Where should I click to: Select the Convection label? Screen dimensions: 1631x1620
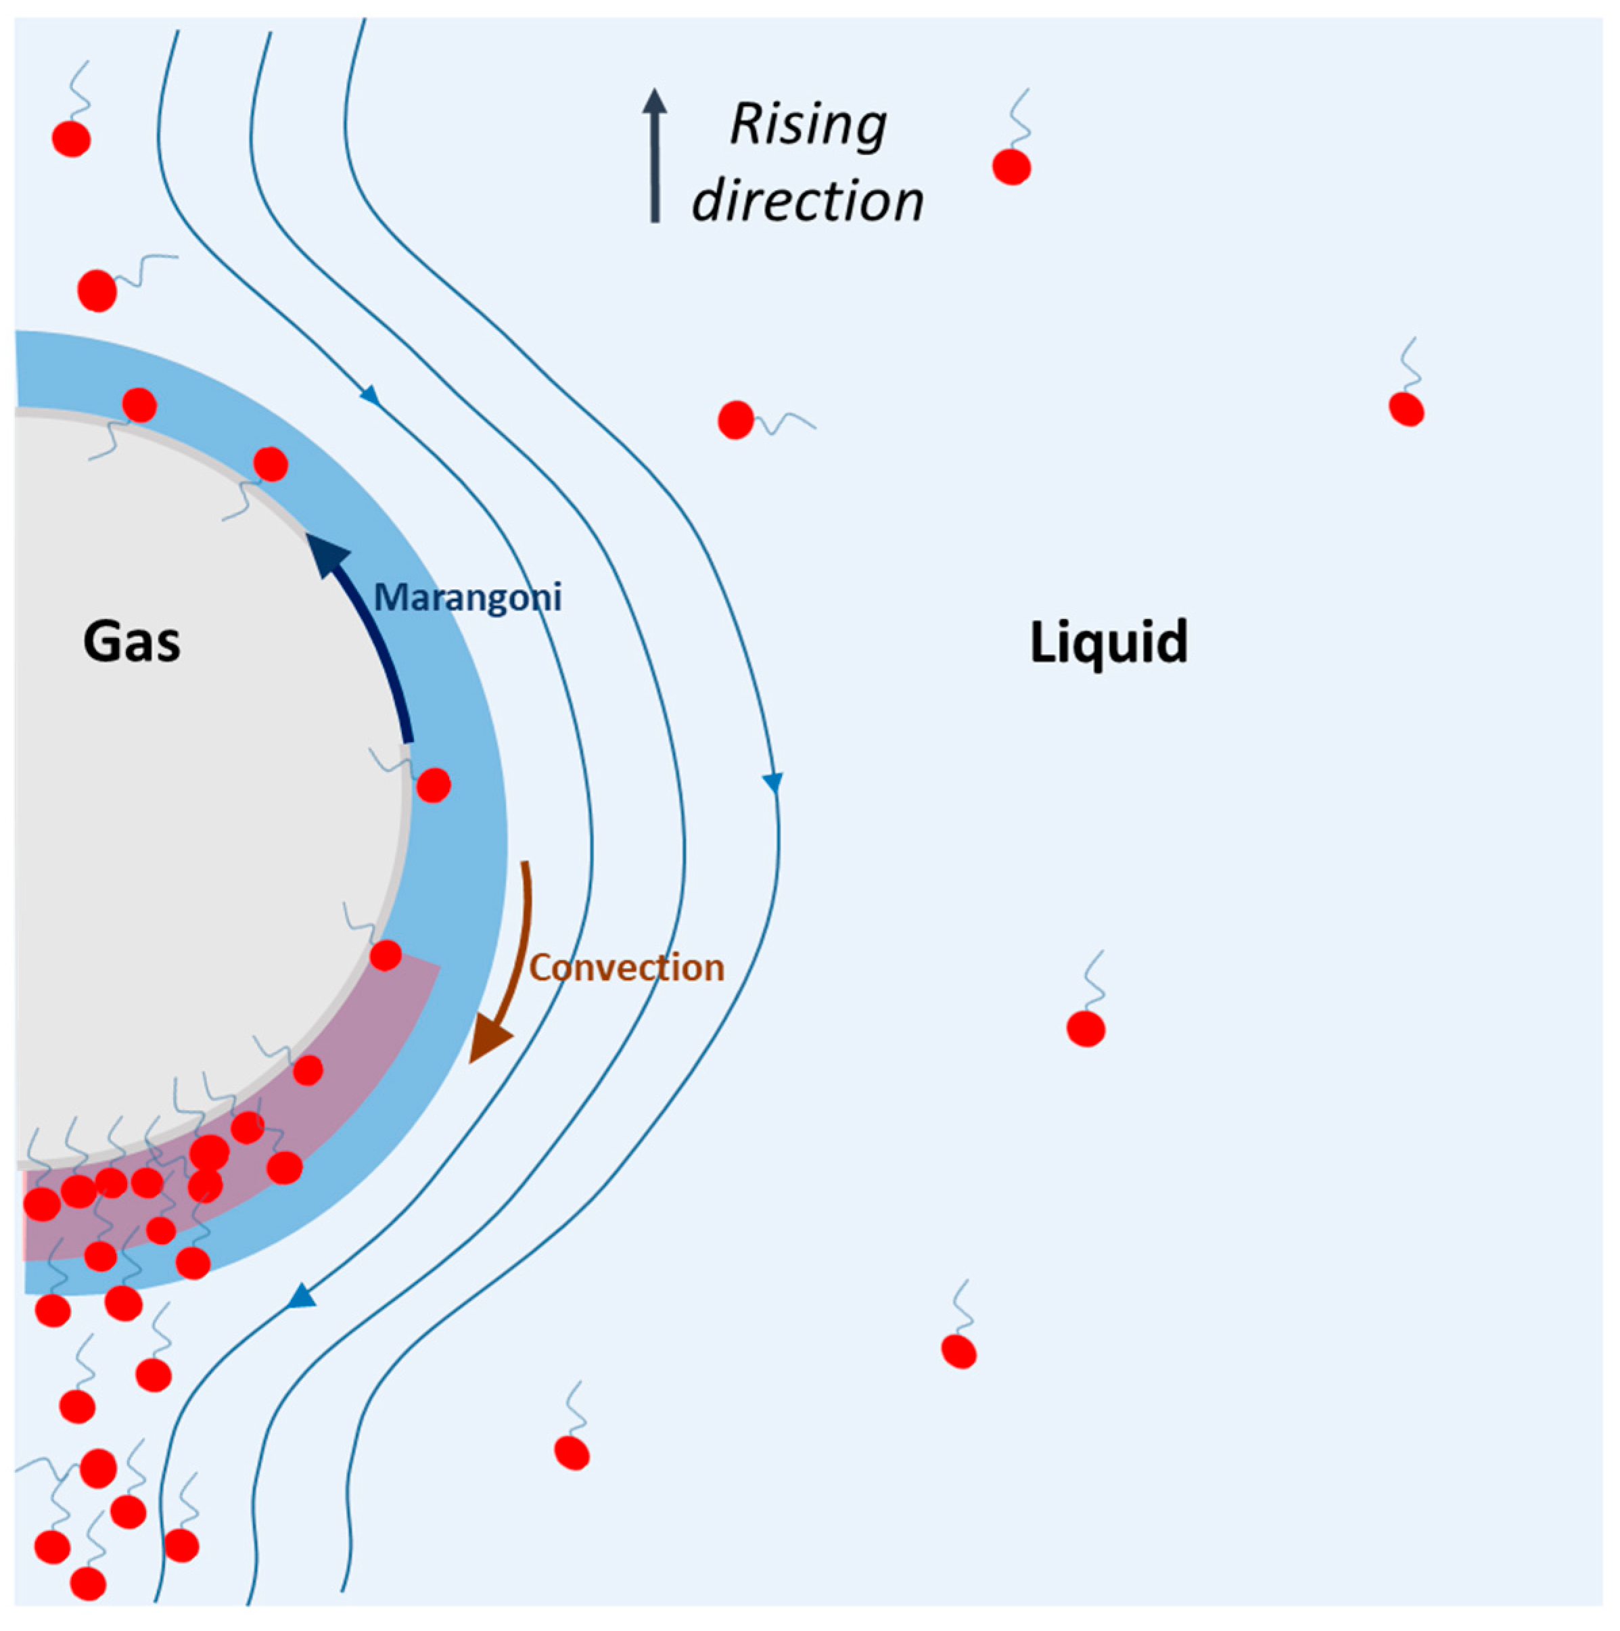pos(626,967)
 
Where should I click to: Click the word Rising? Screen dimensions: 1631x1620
pos(808,125)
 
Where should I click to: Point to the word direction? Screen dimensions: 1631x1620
pos(808,201)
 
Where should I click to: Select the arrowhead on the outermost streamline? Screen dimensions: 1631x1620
pos(772,783)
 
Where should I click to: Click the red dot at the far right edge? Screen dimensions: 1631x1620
pos(1406,409)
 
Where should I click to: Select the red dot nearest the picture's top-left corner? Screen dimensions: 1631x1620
pos(72,139)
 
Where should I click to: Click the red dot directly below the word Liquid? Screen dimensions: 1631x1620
pos(1086,1029)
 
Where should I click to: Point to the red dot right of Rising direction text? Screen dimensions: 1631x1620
pos(1011,166)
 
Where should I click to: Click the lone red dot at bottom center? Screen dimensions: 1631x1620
pos(572,1452)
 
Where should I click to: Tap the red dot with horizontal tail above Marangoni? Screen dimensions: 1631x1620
pos(735,419)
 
